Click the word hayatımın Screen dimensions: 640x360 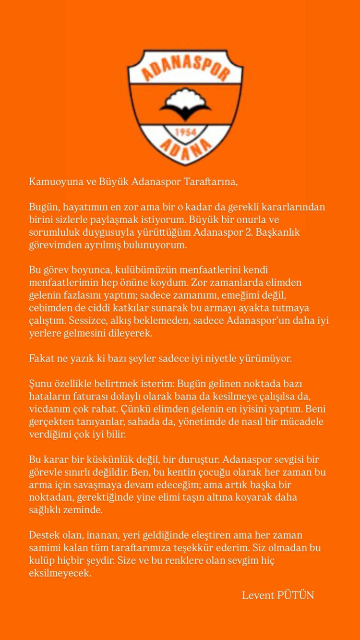[x=82, y=207]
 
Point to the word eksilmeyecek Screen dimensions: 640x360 [x=60, y=573]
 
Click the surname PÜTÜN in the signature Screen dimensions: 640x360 [x=296, y=595]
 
